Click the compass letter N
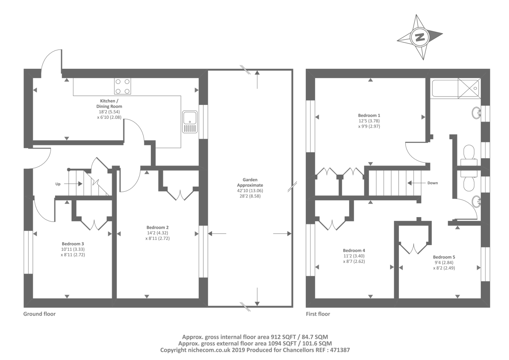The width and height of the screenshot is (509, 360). [x=420, y=37]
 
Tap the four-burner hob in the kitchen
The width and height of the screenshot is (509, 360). [x=123, y=86]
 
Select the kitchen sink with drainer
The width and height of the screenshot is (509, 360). [x=190, y=122]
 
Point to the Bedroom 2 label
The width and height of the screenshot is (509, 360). [x=157, y=227]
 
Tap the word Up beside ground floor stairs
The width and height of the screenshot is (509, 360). [x=58, y=184]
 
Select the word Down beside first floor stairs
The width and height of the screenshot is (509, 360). [x=432, y=183]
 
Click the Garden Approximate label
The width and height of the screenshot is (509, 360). [x=250, y=182]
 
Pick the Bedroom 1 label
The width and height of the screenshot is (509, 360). [x=369, y=115]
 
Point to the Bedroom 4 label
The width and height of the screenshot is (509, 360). [x=354, y=250]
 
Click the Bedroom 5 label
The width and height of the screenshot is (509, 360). [x=444, y=257]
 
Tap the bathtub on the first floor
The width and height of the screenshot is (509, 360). [x=444, y=88]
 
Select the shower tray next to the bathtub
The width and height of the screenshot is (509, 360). [x=468, y=88]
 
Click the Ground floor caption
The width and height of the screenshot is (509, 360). [x=39, y=314]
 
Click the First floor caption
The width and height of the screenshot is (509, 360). [x=318, y=314]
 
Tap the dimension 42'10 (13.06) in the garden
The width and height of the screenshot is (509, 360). [x=250, y=191]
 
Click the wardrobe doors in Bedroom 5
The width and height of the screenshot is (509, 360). [x=414, y=248]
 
